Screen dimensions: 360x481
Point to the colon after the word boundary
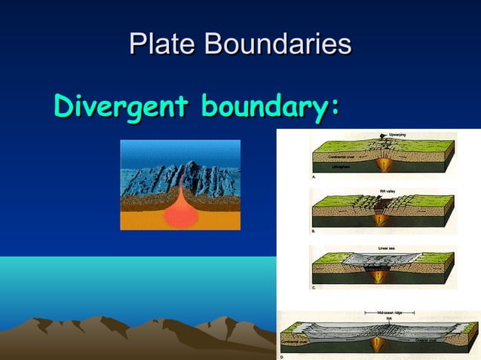pos(332,108)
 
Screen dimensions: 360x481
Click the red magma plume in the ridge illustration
pos(180,214)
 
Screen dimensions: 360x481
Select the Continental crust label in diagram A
pos(334,157)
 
